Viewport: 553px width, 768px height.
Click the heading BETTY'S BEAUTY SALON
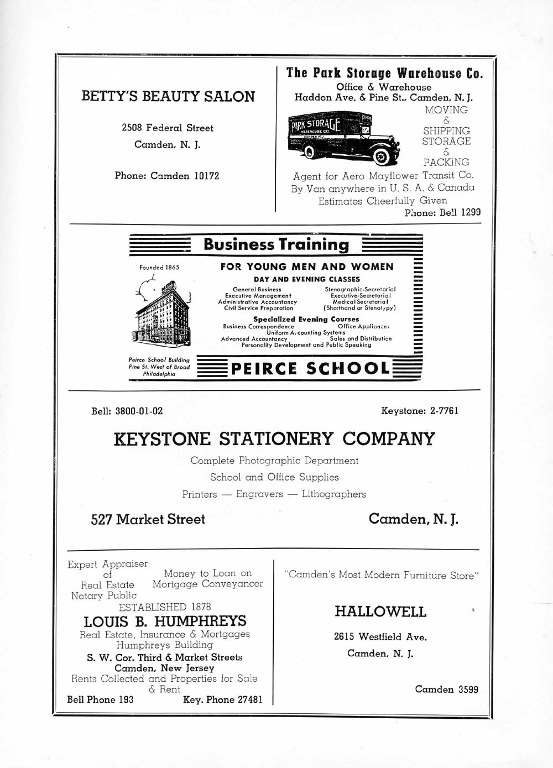tap(168, 96)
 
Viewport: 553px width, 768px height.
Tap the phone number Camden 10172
tap(167, 176)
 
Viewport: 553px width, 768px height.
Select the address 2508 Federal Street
tap(168, 128)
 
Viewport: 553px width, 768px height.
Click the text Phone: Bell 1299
tap(442, 212)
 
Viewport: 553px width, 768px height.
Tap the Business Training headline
tap(276, 244)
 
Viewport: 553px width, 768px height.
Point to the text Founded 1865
tap(159, 268)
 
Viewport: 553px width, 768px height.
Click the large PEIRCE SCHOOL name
tap(310, 368)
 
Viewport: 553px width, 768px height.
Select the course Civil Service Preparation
tap(258, 308)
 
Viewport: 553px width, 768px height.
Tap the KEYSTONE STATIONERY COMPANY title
tap(274, 439)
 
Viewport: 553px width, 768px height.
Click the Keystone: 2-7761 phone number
tap(420, 411)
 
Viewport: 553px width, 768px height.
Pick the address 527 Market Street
tap(148, 519)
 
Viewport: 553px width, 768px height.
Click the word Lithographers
tap(334, 494)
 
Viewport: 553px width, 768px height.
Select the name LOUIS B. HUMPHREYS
tap(165, 621)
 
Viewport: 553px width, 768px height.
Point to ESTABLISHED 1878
tap(165, 607)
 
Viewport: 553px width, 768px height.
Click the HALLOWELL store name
tap(380, 612)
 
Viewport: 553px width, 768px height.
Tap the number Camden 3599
tap(447, 689)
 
